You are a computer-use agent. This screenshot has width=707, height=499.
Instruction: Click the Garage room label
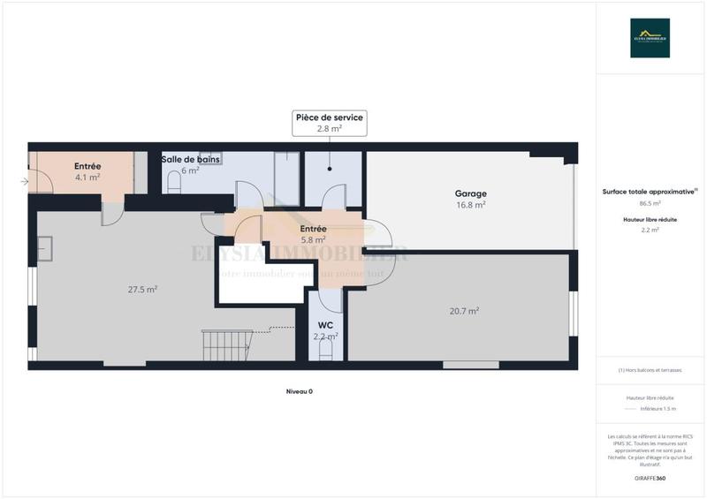(470, 193)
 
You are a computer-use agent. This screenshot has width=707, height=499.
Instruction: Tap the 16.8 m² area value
(470, 205)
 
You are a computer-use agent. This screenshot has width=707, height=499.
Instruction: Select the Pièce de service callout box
(329, 123)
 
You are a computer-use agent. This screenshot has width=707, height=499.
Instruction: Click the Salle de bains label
(190, 159)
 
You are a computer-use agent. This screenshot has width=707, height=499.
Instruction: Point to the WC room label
(325, 325)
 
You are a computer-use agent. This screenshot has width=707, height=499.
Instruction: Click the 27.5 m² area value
(142, 289)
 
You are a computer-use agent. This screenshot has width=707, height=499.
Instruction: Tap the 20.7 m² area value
(464, 310)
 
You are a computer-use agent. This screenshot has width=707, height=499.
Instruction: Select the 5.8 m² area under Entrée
(313, 238)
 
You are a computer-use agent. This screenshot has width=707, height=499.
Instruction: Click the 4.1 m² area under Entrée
(87, 177)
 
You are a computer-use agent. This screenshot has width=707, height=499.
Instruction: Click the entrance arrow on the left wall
(24, 182)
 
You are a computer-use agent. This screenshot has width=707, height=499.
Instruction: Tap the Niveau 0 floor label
(299, 391)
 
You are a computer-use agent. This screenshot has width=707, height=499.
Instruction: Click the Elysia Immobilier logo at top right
(650, 38)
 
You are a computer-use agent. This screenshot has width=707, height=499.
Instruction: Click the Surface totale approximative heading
(650, 191)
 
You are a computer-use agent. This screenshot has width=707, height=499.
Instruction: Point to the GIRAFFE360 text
(650, 478)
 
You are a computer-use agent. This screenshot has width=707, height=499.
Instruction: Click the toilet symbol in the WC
(324, 351)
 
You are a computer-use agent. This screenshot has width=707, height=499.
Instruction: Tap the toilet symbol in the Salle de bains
(174, 182)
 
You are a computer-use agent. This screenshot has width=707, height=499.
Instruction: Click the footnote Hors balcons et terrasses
(650, 370)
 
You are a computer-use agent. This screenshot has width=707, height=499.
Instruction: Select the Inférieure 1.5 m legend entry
(657, 409)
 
